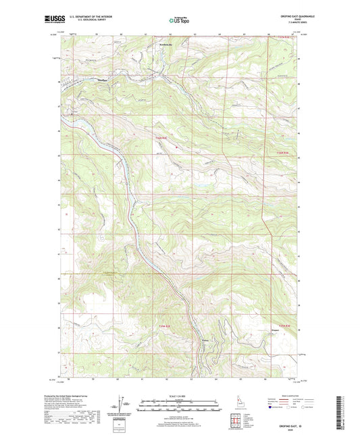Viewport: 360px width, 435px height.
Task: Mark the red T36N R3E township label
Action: click(283, 153)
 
